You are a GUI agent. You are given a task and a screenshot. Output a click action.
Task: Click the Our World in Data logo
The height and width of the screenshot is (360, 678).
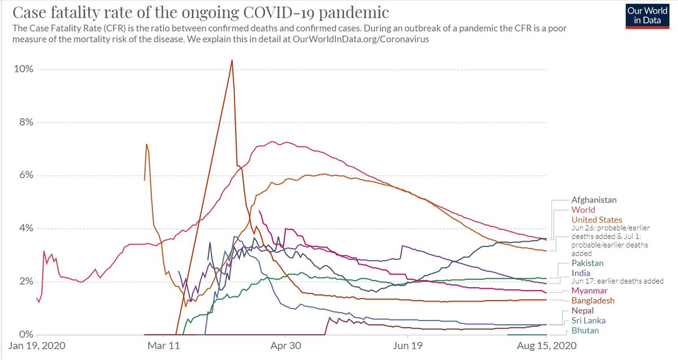click(650, 15)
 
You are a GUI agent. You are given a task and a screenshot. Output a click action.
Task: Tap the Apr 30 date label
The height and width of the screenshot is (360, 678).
click(286, 345)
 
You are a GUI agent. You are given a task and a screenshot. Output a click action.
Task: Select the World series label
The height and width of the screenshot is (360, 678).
click(584, 210)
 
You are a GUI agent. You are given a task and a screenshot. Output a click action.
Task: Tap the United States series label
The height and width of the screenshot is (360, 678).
click(597, 219)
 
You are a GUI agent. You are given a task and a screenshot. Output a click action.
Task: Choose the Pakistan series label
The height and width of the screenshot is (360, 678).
click(588, 263)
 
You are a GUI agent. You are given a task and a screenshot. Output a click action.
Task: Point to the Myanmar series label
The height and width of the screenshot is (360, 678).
click(589, 290)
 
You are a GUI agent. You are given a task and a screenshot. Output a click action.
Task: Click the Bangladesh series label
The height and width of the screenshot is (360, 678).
click(593, 301)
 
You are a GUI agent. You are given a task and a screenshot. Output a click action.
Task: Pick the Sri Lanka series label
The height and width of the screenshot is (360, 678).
click(589, 320)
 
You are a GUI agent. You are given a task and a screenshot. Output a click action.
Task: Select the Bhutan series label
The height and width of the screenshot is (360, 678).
click(585, 330)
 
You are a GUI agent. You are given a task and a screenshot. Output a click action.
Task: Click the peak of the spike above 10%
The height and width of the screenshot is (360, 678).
click(232, 60)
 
